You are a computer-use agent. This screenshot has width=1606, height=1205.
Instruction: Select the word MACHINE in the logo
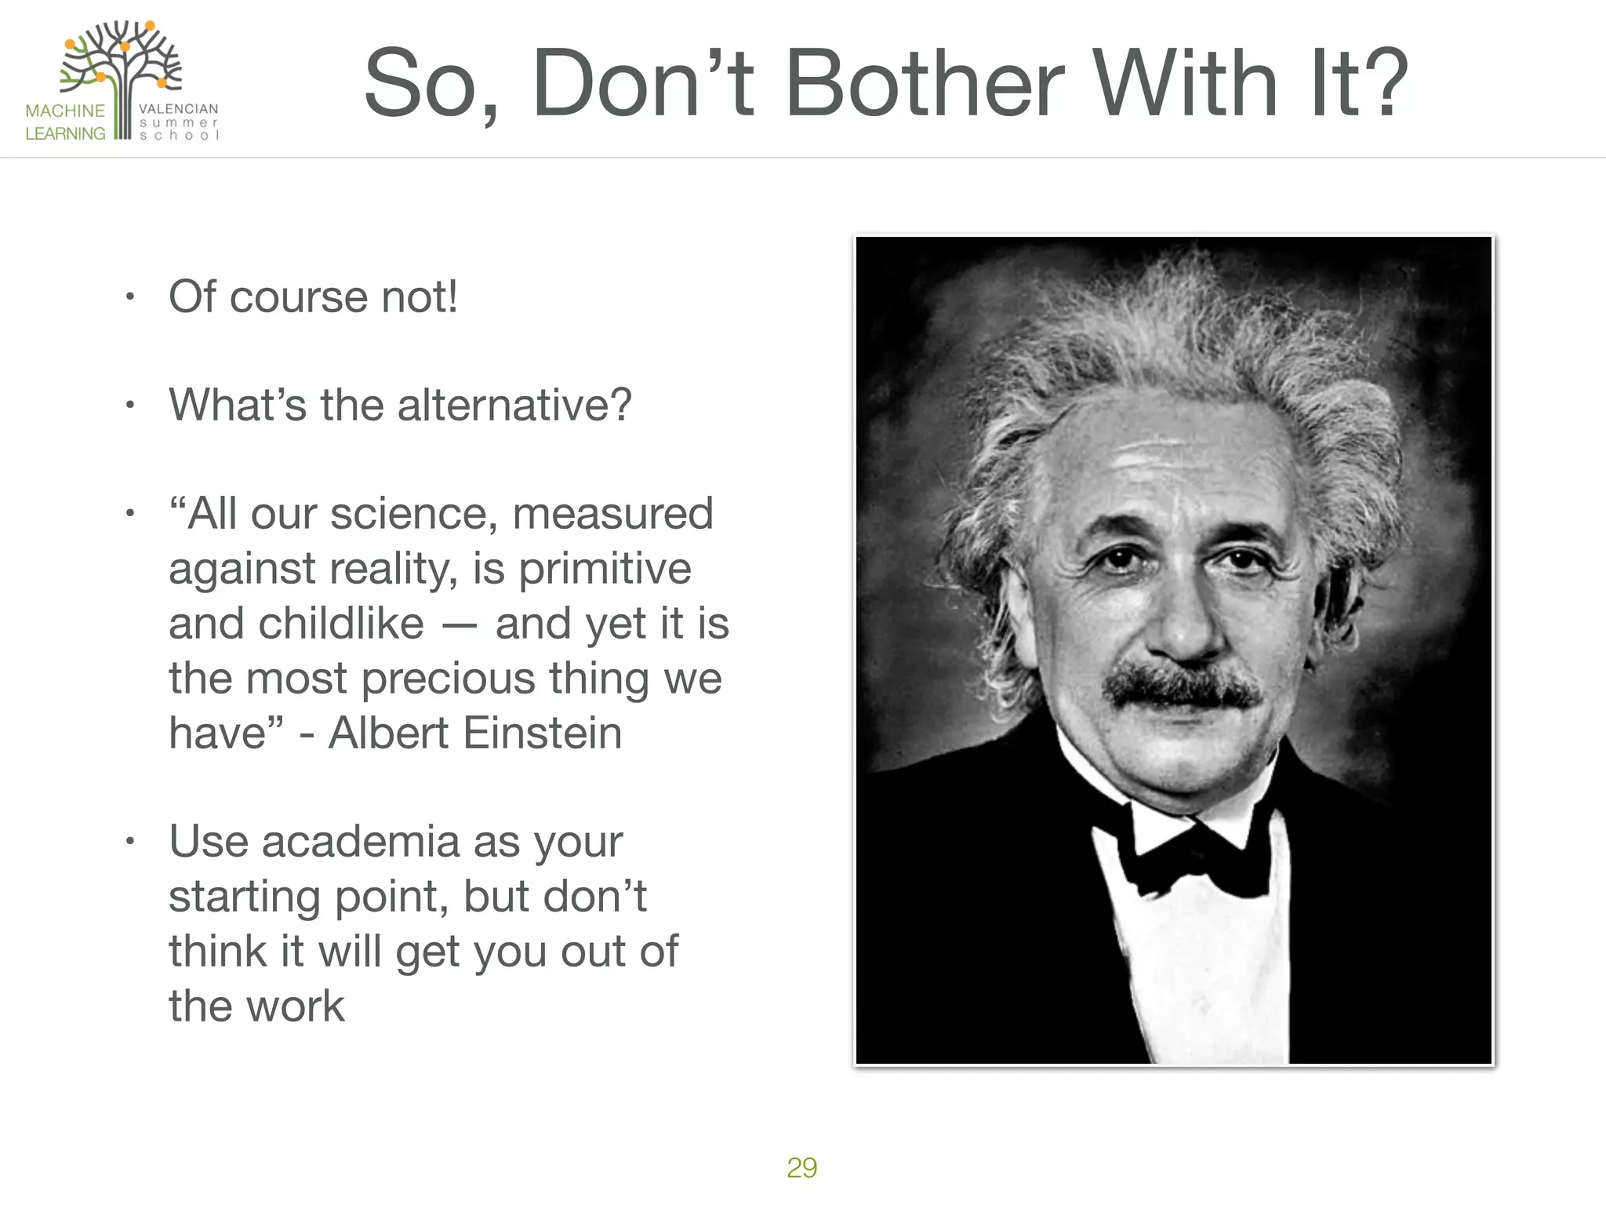point(65,111)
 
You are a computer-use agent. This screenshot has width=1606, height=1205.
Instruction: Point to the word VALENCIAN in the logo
point(179,109)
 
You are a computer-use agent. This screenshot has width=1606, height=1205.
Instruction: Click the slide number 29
point(801,1167)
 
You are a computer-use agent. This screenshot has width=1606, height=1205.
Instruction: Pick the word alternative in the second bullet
point(514,406)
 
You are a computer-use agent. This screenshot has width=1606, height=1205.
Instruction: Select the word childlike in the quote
point(340,624)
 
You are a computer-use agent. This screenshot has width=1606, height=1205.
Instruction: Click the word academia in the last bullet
point(362,842)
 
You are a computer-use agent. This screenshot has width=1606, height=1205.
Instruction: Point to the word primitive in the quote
point(605,569)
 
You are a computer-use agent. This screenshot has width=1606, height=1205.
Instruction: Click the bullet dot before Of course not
point(130,297)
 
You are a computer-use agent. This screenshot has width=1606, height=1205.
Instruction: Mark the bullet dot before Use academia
point(130,843)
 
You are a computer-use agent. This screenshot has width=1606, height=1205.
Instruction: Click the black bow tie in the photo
point(1192,851)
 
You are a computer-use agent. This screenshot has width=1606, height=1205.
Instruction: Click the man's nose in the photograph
point(1188,620)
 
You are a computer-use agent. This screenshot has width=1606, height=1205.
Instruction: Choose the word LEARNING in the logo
point(65,133)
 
